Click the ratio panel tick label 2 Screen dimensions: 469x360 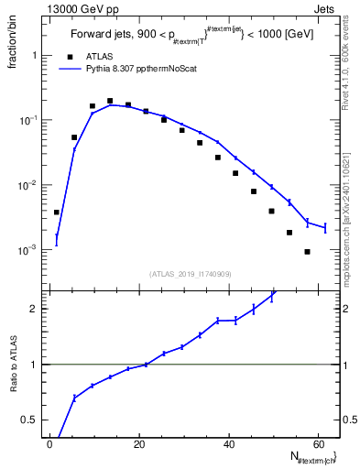tap(34, 309)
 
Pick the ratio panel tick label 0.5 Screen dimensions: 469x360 tap(30, 420)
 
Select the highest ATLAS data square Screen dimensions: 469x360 tap(110, 101)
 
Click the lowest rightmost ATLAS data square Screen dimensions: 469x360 tap(307, 251)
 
